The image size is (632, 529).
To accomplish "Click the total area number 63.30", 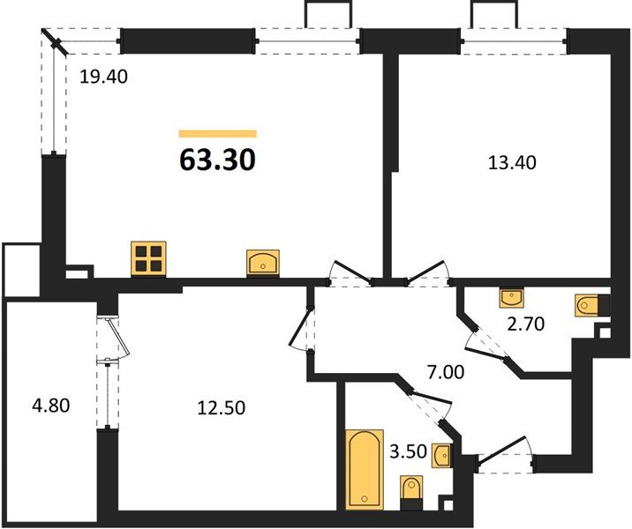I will click(x=217, y=161).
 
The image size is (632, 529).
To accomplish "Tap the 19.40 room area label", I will click(x=104, y=77).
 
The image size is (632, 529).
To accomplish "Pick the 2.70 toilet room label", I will click(x=526, y=324).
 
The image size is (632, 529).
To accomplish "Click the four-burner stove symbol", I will click(x=148, y=259).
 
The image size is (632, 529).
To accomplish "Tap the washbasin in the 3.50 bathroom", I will click(x=442, y=456).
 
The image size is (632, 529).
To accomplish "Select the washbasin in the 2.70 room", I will click(x=511, y=297).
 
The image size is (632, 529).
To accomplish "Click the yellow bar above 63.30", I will click(x=217, y=134).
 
